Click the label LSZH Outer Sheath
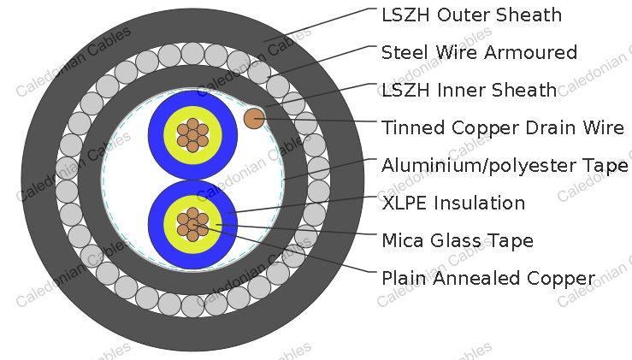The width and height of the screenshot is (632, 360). coord(471,15)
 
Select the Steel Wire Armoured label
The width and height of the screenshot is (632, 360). coord(479,52)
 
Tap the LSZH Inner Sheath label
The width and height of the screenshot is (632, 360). coord(470,90)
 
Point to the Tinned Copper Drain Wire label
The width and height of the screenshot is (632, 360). coord(503,127)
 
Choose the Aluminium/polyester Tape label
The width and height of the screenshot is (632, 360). coord(505,165)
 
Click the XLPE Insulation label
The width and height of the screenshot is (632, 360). coord(453,203)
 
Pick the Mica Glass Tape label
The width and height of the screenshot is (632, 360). coord(458,240)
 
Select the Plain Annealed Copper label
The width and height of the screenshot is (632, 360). coord(488,278)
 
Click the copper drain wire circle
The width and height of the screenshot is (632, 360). coord(254,119)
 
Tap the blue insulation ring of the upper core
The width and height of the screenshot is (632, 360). coord(156,135)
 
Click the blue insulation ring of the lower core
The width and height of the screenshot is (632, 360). coord(156,225)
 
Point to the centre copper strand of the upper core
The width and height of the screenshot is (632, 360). coord(192,135)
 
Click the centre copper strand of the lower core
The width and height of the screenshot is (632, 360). coord(192,225)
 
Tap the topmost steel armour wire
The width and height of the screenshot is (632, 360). coord(192,53)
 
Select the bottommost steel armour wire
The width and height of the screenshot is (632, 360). coord(192,306)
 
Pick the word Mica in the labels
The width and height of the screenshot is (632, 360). coord(403,240)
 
